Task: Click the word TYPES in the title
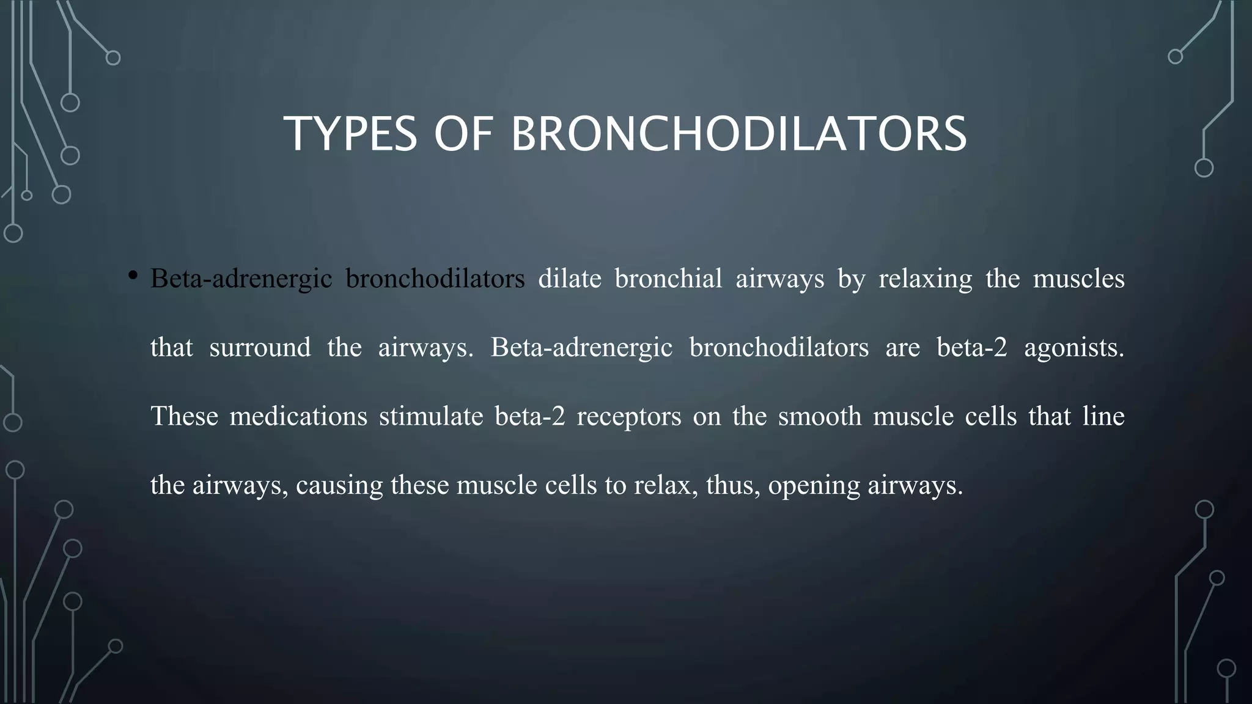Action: [350, 134]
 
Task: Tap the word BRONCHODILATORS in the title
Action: [738, 134]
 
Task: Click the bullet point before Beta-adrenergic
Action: [132, 277]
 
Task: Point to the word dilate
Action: [570, 279]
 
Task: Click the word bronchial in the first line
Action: [668, 279]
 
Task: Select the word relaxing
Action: [925, 279]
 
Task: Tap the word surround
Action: [260, 348]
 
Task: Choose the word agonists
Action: [1073, 348]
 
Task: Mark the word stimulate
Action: [431, 417]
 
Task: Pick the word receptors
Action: [628, 417]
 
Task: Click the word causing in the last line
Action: [339, 486]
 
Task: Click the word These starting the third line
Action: [184, 417]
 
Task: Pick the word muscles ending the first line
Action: [1078, 279]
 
